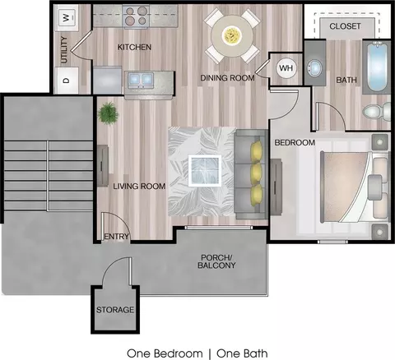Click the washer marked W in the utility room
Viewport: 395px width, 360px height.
pos(67,18)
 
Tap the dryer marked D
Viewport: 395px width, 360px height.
pos(67,81)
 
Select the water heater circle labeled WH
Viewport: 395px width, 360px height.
pos(286,67)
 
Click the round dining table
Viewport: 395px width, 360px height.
pos(232,35)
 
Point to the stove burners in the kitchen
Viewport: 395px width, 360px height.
pos(137,16)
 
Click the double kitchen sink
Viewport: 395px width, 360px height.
pos(141,80)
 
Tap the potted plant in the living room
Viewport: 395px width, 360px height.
pos(109,113)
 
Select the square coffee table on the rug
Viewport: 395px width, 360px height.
pos(205,170)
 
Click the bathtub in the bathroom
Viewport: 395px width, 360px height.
pos(377,67)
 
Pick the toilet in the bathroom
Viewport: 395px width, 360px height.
pos(377,112)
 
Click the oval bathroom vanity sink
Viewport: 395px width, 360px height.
pos(314,68)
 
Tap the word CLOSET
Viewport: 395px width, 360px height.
pos(345,26)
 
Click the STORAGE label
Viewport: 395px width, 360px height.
pos(115,310)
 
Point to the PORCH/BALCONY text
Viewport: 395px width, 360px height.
pos(216,261)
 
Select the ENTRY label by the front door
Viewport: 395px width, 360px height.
pos(117,237)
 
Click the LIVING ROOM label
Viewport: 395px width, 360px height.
pos(139,187)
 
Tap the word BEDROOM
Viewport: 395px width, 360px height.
pos(295,142)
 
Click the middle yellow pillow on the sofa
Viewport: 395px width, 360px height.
pos(256,173)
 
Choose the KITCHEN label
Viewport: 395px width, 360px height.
pos(134,47)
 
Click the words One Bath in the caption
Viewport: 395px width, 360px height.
pos(242,353)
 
